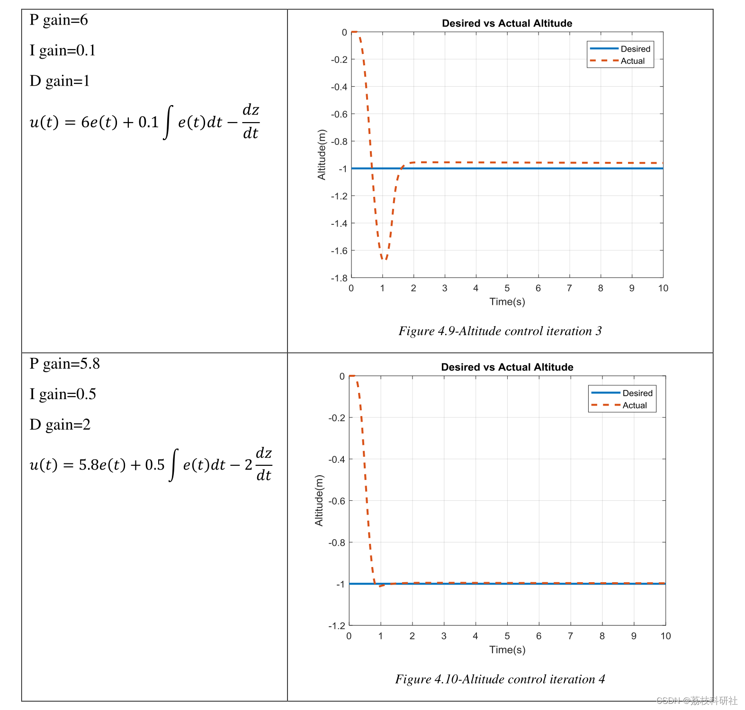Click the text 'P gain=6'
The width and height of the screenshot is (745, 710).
[58, 20]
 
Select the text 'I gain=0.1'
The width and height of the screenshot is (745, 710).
[63, 51]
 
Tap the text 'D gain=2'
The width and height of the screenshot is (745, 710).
[60, 425]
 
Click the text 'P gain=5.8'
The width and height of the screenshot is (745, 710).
[64, 364]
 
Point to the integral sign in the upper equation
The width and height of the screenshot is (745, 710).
[168, 123]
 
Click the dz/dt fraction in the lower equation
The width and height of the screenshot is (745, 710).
[264, 464]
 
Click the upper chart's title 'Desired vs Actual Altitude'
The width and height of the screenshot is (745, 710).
[507, 23]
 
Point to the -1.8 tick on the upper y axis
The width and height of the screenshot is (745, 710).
[339, 278]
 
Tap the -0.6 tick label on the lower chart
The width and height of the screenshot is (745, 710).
[336, 501]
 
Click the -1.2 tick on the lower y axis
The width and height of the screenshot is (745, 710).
[336, 625]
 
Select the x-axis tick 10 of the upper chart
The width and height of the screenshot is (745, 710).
[663, 288]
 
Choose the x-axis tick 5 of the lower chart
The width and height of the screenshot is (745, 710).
[507, 636]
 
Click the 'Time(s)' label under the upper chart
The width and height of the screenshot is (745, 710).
[507, 302]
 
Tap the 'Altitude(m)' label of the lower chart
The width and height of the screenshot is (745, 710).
[319, 500]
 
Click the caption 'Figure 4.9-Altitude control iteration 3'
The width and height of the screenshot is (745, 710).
[500, 331]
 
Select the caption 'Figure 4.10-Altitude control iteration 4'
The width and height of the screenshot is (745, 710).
[500, 679]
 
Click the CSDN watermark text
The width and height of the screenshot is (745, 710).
[696, 701]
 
